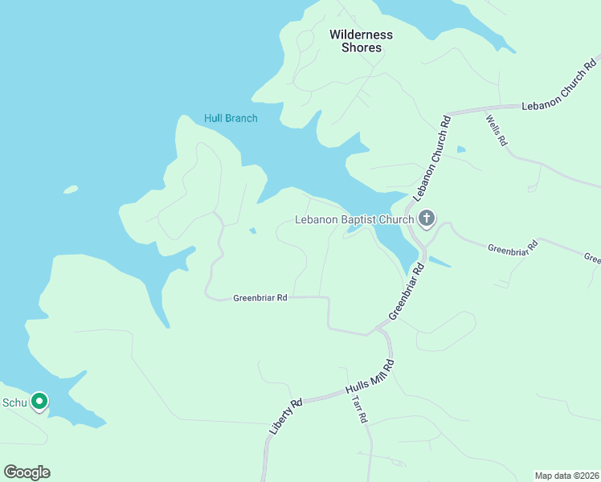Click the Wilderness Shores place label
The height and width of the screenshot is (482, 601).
coord(361,41)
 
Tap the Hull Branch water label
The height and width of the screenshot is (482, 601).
coord(231,119)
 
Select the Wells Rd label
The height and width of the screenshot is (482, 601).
coord(497,130)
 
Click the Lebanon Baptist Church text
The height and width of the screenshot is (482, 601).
coord(354,219)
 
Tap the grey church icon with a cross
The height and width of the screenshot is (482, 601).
coord(426,219)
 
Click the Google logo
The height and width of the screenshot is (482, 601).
coord(27,472)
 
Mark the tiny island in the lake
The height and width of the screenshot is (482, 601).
coord(71,190)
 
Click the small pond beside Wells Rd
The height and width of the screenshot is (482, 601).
coord(460,149)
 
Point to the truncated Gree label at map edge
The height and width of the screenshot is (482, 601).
coord(592,258)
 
